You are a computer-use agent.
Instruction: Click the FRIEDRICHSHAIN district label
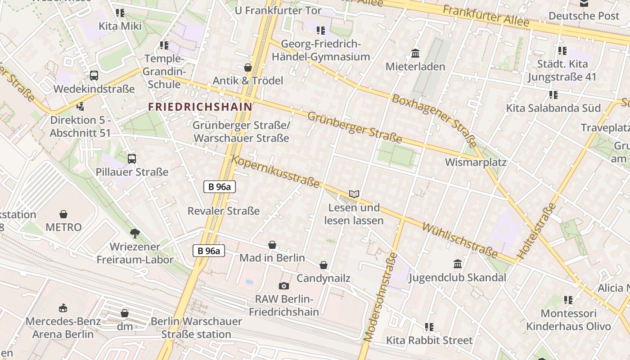tap(200, 107)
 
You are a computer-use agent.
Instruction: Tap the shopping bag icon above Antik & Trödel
tap(247, 67)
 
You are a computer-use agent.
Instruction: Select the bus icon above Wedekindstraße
tap(94, 76)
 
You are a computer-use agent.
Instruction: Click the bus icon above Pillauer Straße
tap(132, 158)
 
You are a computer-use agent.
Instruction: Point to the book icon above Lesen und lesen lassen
tap(354, 194)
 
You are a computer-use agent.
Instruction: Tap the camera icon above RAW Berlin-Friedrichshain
tap(284, 286)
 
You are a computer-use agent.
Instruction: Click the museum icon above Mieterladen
tap(415, 54)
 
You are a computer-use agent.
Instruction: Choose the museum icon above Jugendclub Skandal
tap(458, 264)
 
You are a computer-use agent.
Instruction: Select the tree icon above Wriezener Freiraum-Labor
tap(135, 233)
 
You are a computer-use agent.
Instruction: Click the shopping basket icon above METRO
tap(63, 214)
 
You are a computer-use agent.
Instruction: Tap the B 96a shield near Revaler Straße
tap(220, 186)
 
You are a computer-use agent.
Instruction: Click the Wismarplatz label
tap(476, 162)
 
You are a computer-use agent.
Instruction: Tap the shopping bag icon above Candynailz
tap(323, 265)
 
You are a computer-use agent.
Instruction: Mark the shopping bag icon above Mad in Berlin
tap(272, 245)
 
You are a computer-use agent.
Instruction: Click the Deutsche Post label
tap(584, 16)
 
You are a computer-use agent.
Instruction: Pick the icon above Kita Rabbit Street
tap(429, 327)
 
